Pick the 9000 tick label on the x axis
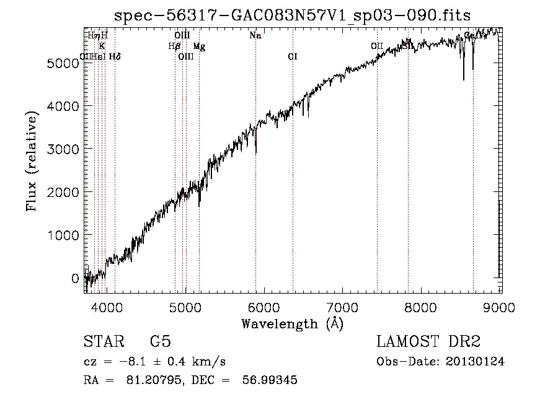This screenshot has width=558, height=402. (x=501, y=305)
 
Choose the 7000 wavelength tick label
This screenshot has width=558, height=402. (x=343, y=305)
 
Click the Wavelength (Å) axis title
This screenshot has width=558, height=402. (x=293, y=323)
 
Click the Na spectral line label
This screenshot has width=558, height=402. (x=255, y=35)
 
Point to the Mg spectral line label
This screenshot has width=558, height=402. (x=199, y=46)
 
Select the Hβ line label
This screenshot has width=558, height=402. (x=174, y=46)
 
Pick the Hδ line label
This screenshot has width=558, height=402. (x=115, y=56)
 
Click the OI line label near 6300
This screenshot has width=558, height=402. (x=293, y=56)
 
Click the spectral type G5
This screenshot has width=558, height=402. (x=161, y=342)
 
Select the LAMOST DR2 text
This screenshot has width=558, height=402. (x=428, y=342)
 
